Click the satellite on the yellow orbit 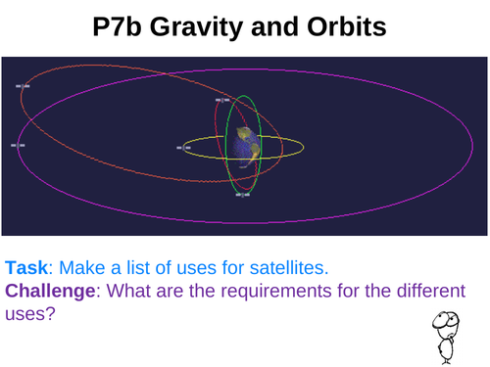(183, 148)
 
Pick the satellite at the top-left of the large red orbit (24, 86)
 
